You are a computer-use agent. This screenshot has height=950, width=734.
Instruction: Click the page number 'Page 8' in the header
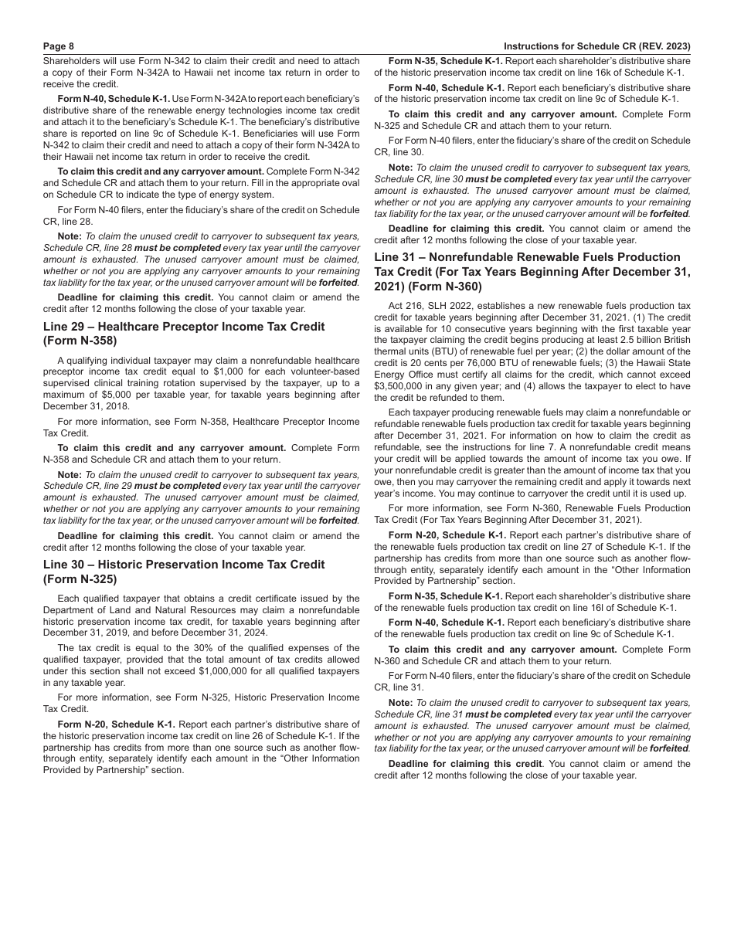click(59, 46)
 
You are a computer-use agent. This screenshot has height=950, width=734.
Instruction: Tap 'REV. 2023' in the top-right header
click(661, 46)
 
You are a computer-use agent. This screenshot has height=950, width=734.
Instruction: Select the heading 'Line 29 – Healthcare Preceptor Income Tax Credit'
click(184, 327)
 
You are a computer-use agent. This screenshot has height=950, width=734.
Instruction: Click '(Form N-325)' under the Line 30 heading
click(80, 579)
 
